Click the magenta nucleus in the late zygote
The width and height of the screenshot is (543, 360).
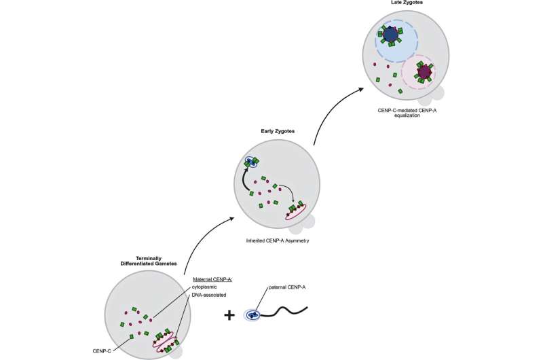425,71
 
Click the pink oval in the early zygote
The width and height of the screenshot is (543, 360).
301,211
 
